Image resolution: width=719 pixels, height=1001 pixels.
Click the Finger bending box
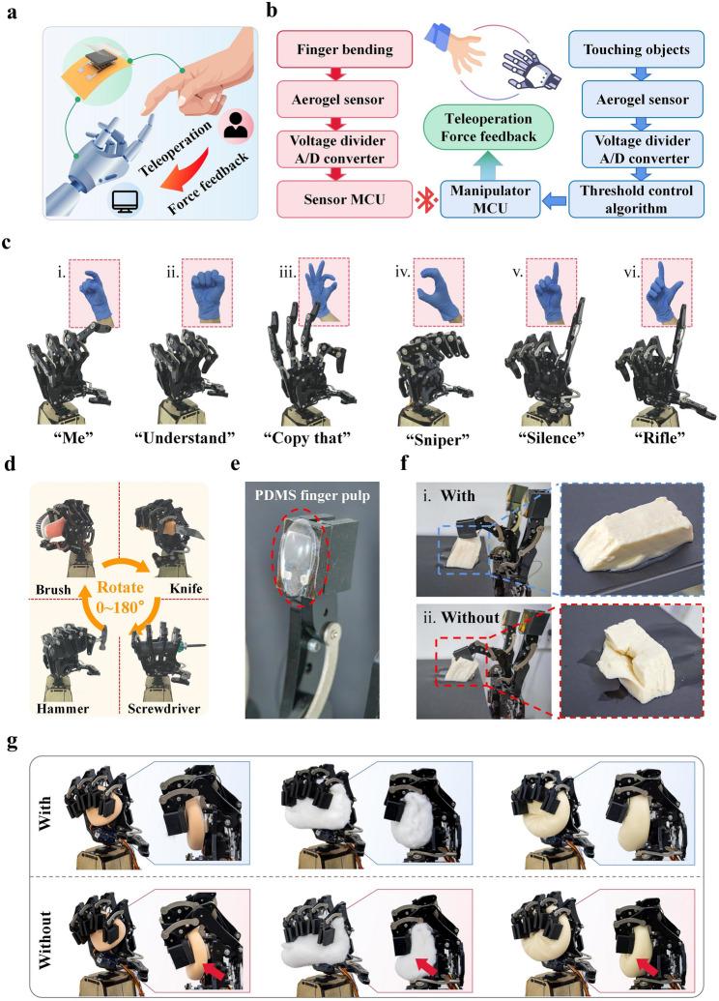click(344, 49)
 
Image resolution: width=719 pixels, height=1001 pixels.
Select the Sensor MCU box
click(344, 199)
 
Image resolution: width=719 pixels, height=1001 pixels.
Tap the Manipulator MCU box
click(490, 199)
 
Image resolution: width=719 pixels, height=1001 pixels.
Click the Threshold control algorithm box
click(636, 199)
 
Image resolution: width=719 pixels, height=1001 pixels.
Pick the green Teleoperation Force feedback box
click(489, 128)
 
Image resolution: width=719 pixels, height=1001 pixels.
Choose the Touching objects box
click(636, 49)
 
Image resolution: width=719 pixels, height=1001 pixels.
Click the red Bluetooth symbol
click(426, 200)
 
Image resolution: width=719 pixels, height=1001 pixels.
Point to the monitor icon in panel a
click(121, 201)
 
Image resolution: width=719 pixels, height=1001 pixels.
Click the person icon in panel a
click(236, 125)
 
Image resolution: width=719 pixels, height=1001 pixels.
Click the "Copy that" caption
click(307, 438)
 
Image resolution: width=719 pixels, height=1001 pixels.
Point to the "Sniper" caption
click(438, 438)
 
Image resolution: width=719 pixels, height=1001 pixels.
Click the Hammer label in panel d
click(63, 708)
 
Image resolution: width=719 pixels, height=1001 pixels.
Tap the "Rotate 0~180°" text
click(120, 597)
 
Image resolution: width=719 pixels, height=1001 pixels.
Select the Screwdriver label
click(164, 708)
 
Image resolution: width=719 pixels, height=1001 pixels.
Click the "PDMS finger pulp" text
click(312, 495)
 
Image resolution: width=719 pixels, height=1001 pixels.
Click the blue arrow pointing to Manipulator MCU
click(554, 201)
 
